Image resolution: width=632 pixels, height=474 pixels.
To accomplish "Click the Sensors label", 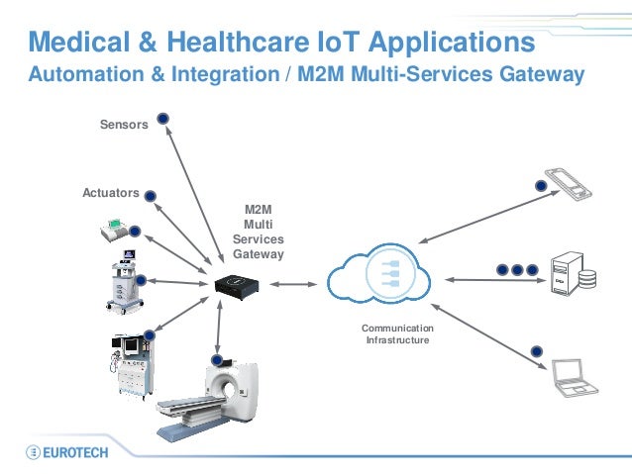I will point(124,126).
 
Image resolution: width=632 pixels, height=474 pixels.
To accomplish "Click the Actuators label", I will point(110,192).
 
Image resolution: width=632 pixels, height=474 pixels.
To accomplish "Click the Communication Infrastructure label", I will point(397,333).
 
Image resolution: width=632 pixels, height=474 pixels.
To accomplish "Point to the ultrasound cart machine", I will point(120,282).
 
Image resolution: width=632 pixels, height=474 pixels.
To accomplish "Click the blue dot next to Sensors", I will point(163,120).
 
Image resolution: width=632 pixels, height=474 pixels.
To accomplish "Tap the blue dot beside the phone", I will point(542,184).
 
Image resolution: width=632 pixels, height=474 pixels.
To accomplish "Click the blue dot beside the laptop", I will point(537,350).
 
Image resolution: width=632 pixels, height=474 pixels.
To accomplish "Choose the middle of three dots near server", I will point(517,268).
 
